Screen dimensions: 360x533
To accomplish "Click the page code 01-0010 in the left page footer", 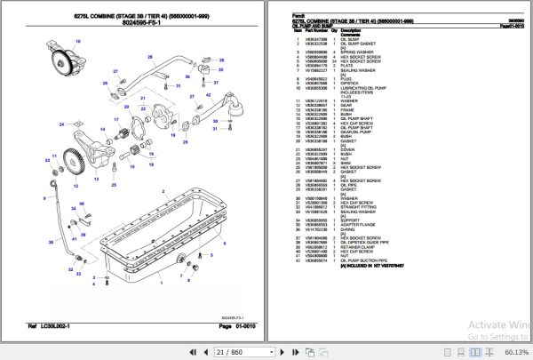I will pyautogui.click(x=234, y=327).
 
